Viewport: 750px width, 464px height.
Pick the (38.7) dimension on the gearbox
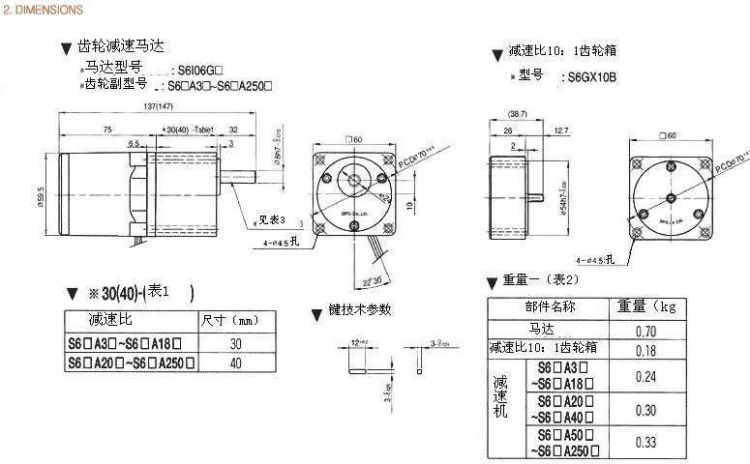click(518, 113)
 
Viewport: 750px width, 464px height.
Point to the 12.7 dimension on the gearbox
click(560, 129)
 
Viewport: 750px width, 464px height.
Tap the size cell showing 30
click(235, 343)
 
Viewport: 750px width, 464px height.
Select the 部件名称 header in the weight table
click(551, 307)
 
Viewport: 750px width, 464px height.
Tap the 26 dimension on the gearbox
click(508, 129)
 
